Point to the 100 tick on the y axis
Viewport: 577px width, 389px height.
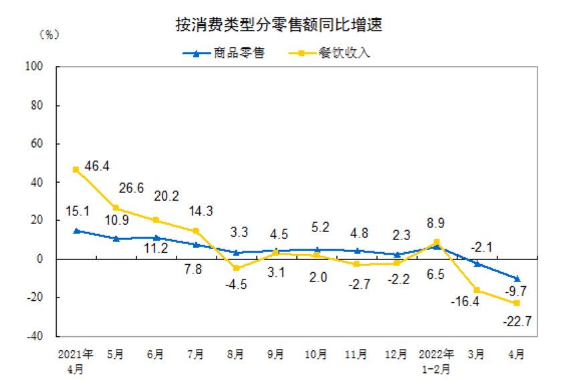pos(34,67)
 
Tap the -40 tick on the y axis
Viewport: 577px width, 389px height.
pos(34,336)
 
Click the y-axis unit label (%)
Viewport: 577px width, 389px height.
pos(49,34)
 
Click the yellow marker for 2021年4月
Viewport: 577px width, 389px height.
pos(76,170)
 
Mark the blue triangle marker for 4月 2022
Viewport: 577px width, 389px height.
pos(517,278)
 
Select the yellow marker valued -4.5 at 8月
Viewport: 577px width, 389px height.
pos(236,268)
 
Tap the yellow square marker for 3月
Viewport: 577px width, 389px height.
pos(477,290)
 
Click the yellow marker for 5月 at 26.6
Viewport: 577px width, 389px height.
pos(116,208)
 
